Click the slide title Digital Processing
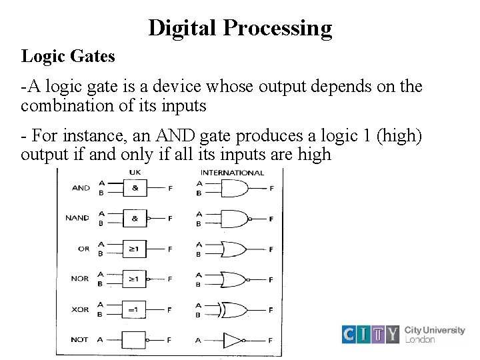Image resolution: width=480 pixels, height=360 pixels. pyautogui.click(x=240, y=28)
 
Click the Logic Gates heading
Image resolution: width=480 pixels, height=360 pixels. pyautogui.click(x=68, y=56)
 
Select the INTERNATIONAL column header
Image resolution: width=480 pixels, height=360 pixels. pyautogui.click(x=232, y=173)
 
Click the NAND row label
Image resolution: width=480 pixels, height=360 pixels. pyautogui.click(x=77, y=218)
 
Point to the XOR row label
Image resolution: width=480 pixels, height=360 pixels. pyautogui.click(x=80, y=309)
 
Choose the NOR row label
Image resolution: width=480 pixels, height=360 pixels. pyautogui.click(x=80, y=279)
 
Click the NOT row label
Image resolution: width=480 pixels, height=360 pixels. pyautogui.click(x=79, y=339)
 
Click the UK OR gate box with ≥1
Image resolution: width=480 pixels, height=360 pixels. pyautogui.click(x=134, y=249)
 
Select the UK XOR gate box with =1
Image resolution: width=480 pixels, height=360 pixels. pyautogui.click(x=134, y=309)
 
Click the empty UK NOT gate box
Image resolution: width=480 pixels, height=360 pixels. pyautogui.click(x=134, y=339)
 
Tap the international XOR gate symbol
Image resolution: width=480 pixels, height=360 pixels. pyautogui.click(x=236, y=309)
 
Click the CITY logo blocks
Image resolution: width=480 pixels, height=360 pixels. pyautogui.click(x=371, y=334)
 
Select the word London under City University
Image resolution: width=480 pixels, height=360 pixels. pyautogui.click(x=420, y=339)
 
